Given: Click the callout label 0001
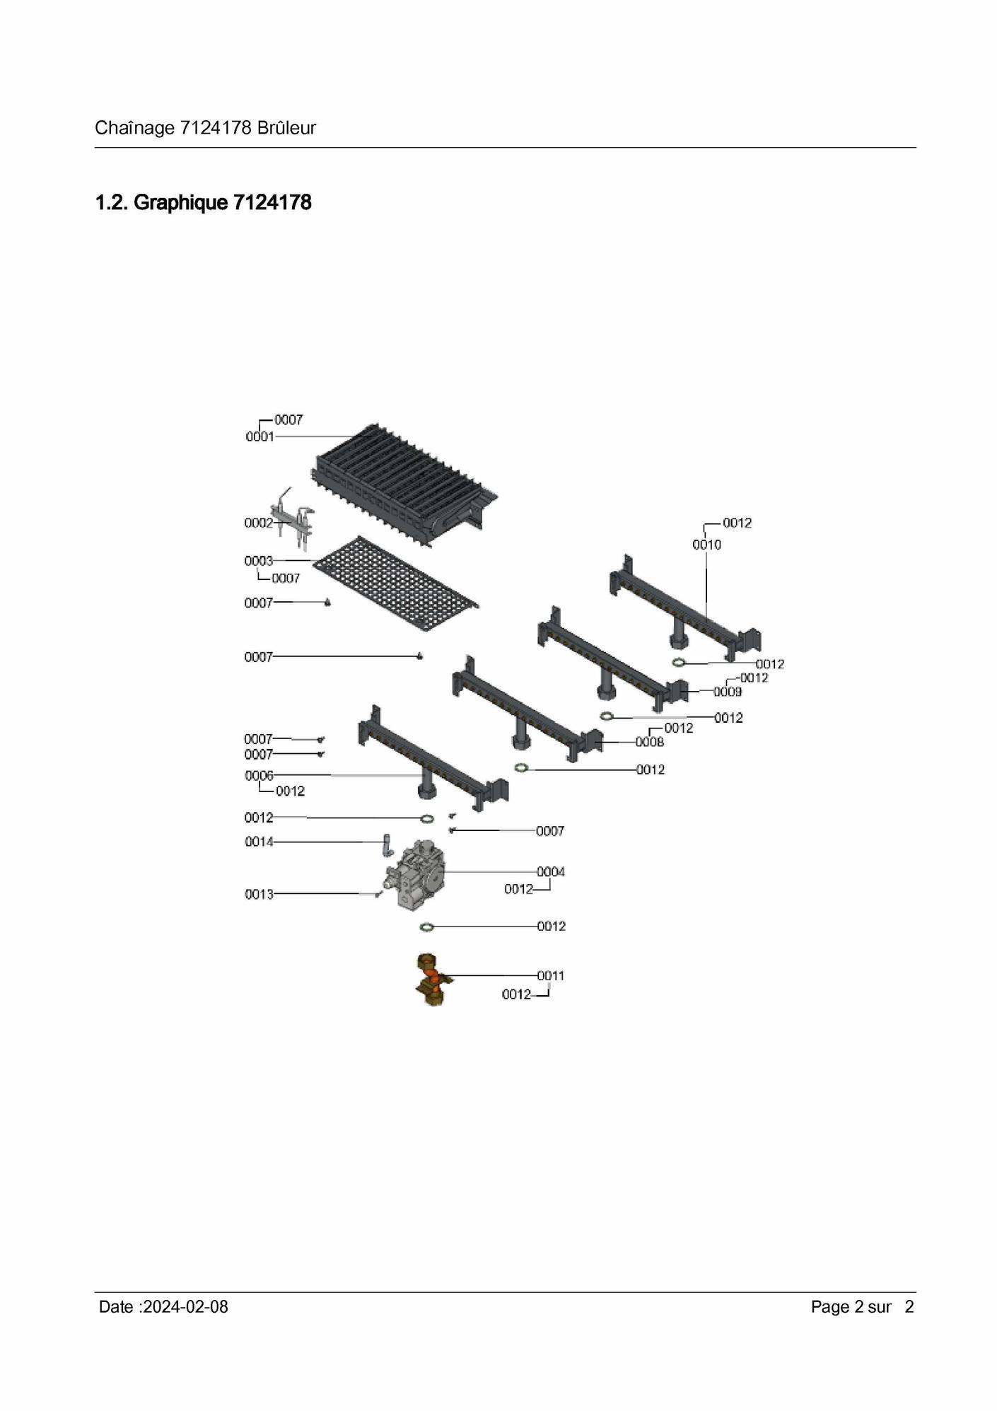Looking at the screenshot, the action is [x=260, y=436].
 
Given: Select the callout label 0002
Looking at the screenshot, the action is [x=258, y=523].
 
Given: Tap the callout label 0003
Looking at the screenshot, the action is [x=258, y=561].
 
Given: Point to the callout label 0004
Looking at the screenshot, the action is [x=551, y=872].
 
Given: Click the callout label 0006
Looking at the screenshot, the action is [x=259, y=776].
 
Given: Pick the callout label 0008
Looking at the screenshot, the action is [x=650, y=742].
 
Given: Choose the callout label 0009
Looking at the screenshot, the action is [x=728, y=692].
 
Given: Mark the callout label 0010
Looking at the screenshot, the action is [x=706, y=545].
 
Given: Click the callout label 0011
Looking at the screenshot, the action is [x=551, y=976].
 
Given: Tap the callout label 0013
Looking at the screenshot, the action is [x=259, y=895].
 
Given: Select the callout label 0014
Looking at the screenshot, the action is [x=259, y=842].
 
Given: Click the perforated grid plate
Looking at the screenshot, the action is [x=396, y=583].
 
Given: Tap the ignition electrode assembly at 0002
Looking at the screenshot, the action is [x=292, y=519].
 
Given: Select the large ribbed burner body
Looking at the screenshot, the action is [x=405, y=484].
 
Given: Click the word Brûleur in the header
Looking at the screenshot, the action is [x=286, y=128].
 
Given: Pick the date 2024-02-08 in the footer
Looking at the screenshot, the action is [x=185, y=1307].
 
